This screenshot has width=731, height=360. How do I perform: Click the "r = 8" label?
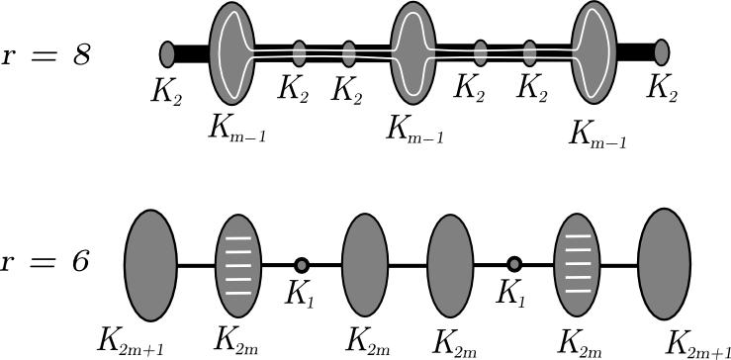click(x=47, y=55)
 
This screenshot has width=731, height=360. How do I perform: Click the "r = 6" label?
click(x=47, y=263)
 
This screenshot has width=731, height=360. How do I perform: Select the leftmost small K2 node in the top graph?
click(x=168, y=51)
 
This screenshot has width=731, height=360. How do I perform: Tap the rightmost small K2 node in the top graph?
click(x=662, y=51)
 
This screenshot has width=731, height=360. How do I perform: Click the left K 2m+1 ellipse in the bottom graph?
click(x=150, y=264)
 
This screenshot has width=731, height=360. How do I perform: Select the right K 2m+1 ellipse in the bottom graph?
click(x=665, y=264)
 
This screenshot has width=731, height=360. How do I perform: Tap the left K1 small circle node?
click(x=302, y=264)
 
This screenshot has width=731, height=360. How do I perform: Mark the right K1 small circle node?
click(x=514, y=264)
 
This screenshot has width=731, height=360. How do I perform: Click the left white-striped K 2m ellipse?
click(x=237, y=264)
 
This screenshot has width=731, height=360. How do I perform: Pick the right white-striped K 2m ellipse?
click(x=579, y=264)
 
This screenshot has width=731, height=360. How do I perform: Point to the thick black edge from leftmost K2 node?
click(x=193, y=51)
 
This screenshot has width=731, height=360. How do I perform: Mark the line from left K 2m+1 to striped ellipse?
click(x=196, y=264)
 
